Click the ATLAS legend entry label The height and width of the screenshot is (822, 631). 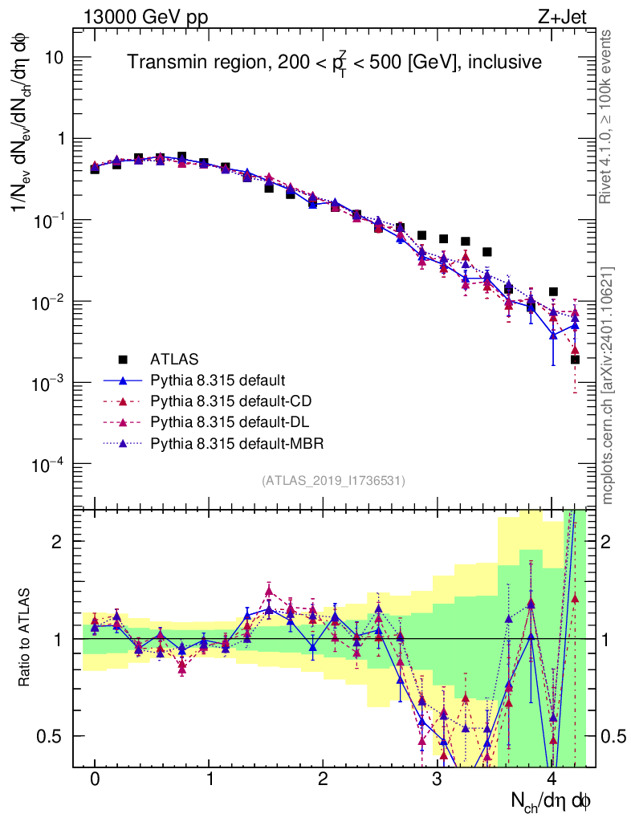pyautogui.click(x=174, y=358)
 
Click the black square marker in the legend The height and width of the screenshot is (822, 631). pyautogui.click(x=123, y=358)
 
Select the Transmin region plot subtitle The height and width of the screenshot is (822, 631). pyautogui.click(x=335, y=62)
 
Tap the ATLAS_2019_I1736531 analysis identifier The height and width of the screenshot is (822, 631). pyautogui.click(x=333, y=481)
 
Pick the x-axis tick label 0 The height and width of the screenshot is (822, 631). pyautogui.click(x=95, y=779)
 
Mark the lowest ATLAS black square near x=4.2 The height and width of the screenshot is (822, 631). pyautogui.click(x=575, y=359)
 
